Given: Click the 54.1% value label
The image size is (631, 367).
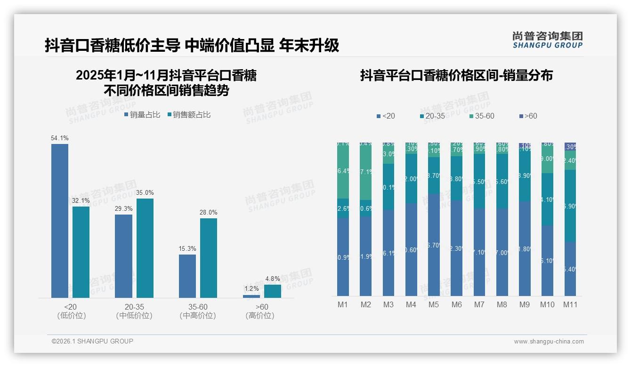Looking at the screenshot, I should tap(60, 138).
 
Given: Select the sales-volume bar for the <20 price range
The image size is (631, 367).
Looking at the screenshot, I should tap(60, 221).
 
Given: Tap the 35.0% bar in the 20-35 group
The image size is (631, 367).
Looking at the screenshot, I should tap(145, 248).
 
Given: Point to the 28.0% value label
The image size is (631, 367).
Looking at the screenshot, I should tap(209, 213).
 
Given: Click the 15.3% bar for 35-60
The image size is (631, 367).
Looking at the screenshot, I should tap(187, 276).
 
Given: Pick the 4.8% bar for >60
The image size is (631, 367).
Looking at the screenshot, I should tap(272, 291).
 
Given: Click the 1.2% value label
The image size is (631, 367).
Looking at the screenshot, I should tap(251, 289).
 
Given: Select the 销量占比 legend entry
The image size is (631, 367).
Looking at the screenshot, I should tap(142, 115).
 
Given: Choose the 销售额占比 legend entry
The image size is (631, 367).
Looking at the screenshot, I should tap(189, 115).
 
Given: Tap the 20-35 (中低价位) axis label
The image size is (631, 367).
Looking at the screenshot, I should tap(134, 311).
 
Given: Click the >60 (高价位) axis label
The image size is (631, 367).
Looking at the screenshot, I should tap(259, 311).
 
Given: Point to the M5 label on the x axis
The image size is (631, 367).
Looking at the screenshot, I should tap(434, 305).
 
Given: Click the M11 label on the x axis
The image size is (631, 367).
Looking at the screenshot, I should tap(570, 305).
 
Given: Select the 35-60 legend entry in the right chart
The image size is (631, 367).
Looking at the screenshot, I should tap(481, 116).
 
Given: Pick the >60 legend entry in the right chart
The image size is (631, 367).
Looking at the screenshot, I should tap(527, 116).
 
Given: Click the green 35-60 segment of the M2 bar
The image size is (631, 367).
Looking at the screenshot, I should tap(366, 172).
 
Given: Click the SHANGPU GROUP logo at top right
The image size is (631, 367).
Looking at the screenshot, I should tap(547, 40).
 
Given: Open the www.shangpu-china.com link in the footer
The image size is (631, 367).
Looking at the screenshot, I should tap(549, 342).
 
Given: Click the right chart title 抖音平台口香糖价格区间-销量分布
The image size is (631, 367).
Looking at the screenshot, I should tap(456, 75).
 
